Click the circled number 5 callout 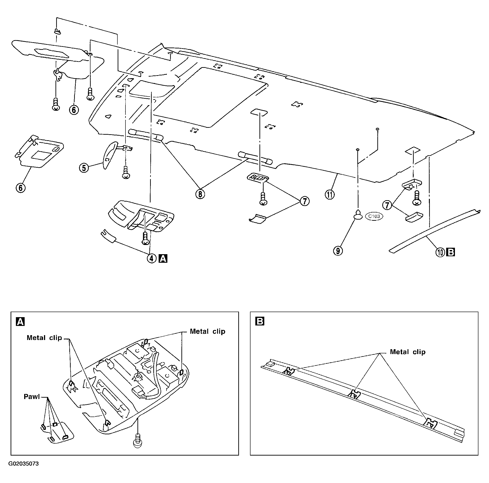[84, 168]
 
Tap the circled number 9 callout [338, 251]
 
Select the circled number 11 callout [330, 195]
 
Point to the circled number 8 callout [200, 194]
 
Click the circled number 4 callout [152, 259]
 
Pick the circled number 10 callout [440, 252]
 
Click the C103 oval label [374, 216]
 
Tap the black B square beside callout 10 [451, 252]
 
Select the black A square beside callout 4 [163, 259]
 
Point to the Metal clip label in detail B [407, 352]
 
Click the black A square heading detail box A [20, 322]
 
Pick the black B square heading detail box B [260, 322]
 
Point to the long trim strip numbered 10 [434, 231]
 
